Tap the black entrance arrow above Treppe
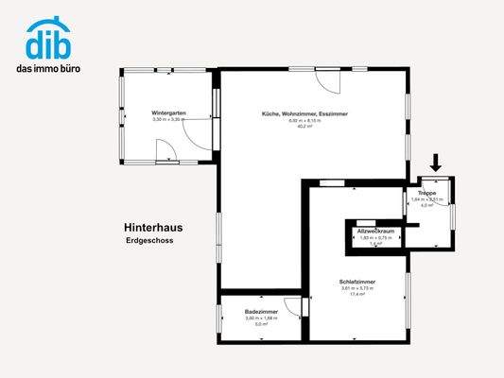[436, 163]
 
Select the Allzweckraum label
[374, 231]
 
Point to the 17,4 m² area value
[358, 295]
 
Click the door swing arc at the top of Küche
[325, 83]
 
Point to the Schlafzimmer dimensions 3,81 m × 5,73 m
[358, 289]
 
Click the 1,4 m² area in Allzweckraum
[374, 244]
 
